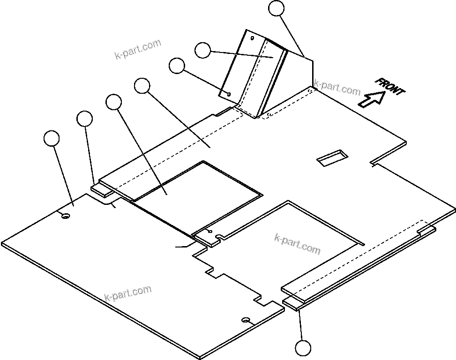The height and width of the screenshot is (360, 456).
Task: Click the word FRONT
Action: [x=389, y=87]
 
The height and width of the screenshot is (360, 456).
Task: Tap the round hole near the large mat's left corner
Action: [x=65, y=216]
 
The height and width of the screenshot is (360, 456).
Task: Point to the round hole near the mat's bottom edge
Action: [x=246, y=320]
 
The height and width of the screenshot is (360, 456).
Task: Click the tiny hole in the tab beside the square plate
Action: [x=209, y=232]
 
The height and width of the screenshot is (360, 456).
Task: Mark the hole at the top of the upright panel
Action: [x=252, y=37]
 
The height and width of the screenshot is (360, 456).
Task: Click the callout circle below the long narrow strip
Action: [x=303, y=349]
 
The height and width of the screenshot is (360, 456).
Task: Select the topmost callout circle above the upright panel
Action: [x=277, y=8]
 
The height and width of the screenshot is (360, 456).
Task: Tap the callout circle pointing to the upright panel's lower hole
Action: [x=177, y=66]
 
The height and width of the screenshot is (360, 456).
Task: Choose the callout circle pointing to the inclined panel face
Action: [x=202, y=50]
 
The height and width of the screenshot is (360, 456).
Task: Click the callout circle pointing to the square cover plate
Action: [x=113, y=102]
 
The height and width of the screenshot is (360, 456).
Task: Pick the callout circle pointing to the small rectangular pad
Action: [x=84, y=119]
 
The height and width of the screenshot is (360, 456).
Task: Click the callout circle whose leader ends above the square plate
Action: [x=142, y=86]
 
